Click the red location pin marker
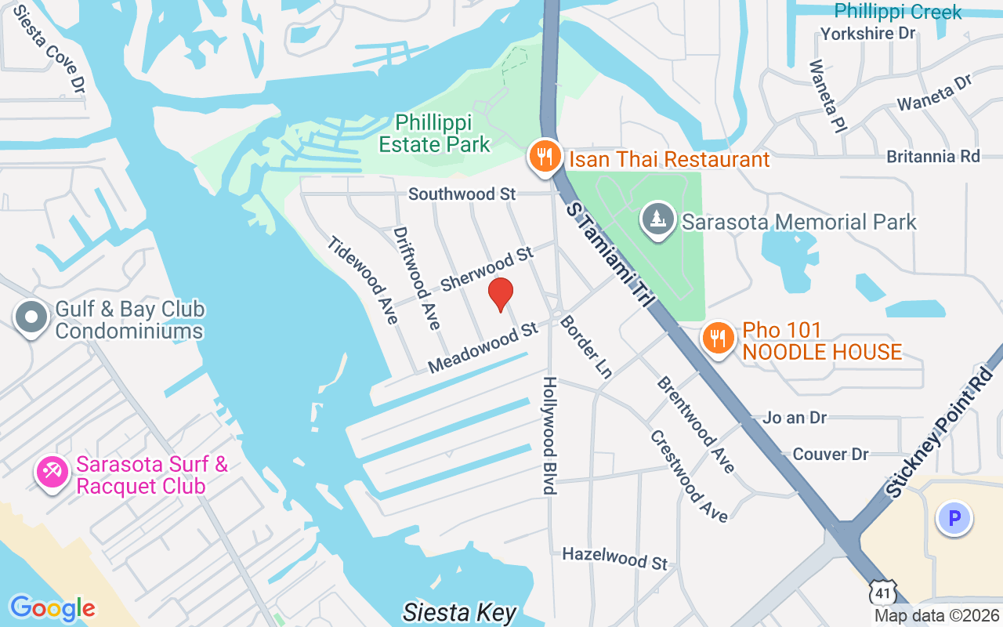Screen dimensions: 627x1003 tap(501, 294)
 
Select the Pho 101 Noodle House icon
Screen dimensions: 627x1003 tap(716, 338)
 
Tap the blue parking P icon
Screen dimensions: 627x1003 tap(954, 518)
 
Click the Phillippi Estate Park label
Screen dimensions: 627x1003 tap(434, 133)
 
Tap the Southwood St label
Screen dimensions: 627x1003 tap(462, 194)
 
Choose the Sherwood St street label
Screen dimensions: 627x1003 tap(487, 269)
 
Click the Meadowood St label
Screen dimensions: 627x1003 tap(483, 348)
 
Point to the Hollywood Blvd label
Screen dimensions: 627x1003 tap(550, 435)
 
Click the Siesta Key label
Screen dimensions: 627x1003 tap(460, 612)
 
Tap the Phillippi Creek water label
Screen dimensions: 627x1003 tap(898, 12)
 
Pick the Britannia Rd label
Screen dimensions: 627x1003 tap(933, 156)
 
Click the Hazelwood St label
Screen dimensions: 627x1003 tap(615, 558)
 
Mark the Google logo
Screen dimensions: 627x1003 tap(53, 608)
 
